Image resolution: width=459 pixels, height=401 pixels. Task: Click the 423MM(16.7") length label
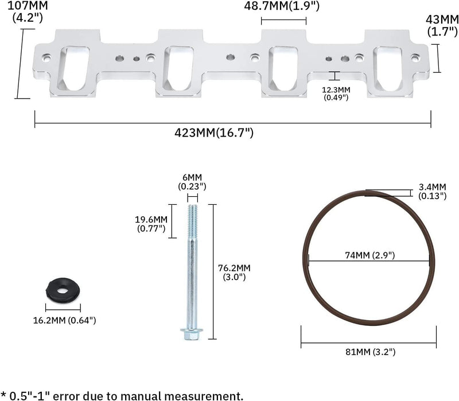coord(214,133)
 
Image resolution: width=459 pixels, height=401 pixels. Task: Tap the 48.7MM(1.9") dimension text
coord(282,6)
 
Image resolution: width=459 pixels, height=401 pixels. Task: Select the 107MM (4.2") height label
coord(28,11)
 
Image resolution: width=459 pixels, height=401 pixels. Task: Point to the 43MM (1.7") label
coord(442,25)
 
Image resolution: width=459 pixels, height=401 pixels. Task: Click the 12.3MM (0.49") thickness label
coord(336,94)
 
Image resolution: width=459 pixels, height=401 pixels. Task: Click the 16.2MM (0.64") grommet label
coord(64,320)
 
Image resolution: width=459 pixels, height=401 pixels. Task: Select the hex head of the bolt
coord(192,334)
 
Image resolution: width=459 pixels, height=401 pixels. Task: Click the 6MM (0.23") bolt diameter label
coord(192,182)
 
